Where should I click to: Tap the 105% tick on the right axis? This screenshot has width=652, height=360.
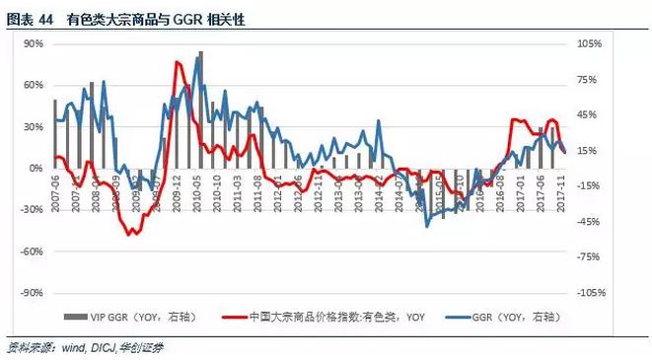click(589, 44)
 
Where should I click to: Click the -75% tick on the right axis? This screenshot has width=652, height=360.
click(588, 256)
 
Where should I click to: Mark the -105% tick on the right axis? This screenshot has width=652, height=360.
click(590, 293)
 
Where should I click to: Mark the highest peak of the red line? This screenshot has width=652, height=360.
click(178, 63)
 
